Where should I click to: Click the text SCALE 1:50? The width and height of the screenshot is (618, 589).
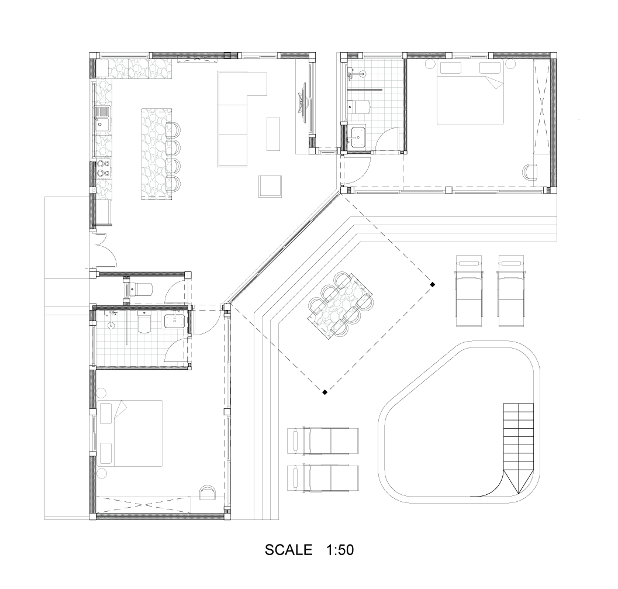tap(309, 550)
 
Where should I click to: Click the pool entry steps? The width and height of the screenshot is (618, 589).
tap(518, 448)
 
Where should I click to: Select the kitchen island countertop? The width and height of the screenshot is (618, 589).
tap(157, 154)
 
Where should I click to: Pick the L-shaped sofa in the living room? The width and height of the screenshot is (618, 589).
tap(241, 119)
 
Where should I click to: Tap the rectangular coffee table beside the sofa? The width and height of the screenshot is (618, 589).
tap(273, 133)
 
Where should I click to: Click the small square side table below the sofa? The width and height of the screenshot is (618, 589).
tap(270, 186)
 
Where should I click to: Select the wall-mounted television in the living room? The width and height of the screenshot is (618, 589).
tap(303, 99)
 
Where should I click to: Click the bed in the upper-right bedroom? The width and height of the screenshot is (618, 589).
tap(471, 94)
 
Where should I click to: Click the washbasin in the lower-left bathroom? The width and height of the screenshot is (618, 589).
tap(174, 321)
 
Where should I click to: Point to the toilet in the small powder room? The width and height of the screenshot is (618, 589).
tap(140, 289)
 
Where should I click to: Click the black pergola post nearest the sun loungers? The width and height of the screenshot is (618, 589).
tap(432, 284)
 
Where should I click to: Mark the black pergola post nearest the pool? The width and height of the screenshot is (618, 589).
tap(324, 392)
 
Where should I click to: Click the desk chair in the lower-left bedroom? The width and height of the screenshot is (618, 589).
tap(208, 492)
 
